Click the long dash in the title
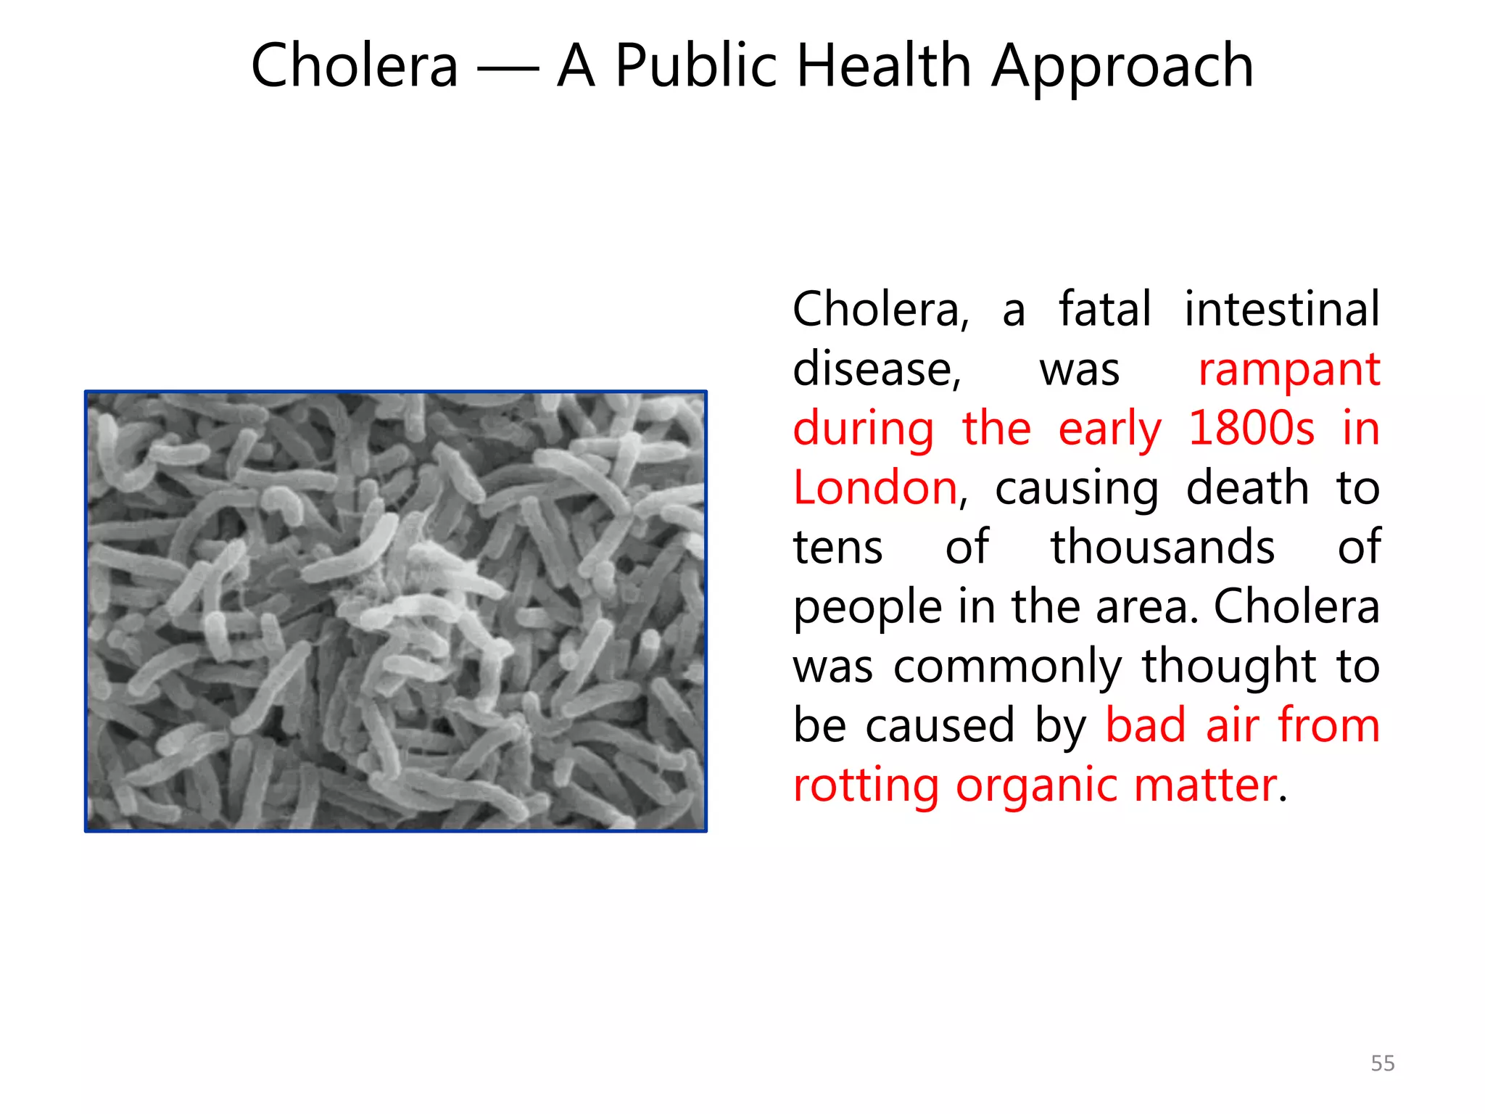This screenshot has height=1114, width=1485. tap(508, 70)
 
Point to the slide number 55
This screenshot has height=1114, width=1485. tap(1383, 1063)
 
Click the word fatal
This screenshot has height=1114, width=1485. tap(1104, 309)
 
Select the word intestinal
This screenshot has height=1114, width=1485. tap(1282, 309)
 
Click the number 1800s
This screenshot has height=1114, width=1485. tap(1251, 428)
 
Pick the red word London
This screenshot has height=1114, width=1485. tap(875, 487)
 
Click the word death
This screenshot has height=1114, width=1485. tap(1247, 487)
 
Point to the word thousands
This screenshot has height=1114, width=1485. tap(1162, 547)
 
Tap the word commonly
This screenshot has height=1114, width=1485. tap(1007, 667)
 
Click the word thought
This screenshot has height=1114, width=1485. tap(1229, 667)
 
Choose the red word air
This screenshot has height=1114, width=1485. tap(1232, 725)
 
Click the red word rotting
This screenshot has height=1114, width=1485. tap(866, 786)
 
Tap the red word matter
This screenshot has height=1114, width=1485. tap(1204, 785)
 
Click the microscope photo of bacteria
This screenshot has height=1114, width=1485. tap(396, 611)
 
